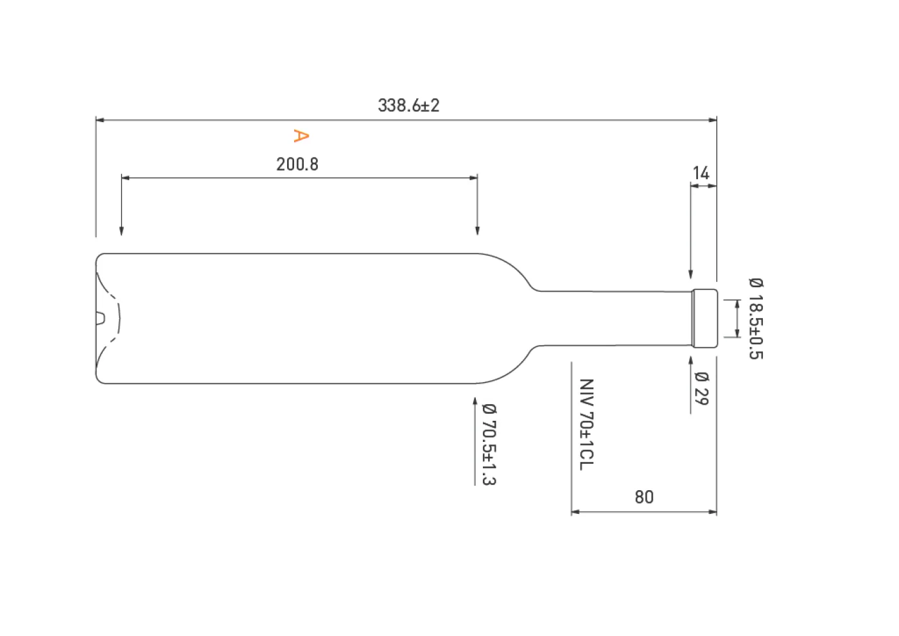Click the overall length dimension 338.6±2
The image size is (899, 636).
click(408, 105)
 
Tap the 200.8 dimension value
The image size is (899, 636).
click(297, 164)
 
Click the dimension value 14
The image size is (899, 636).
click(701, 173)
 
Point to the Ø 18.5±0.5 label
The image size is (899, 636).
click(756, 318)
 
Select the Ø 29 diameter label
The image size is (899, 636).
click(701, 389)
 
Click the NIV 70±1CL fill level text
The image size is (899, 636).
click(586, 424)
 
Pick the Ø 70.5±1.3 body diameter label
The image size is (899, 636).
click(489, 444)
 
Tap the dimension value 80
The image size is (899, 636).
click(644, 497)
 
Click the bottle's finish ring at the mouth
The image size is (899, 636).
click(704, 318)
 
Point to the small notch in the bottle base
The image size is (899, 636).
click(100, 318)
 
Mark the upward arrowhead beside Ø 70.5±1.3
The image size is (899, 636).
click(475, 403)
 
